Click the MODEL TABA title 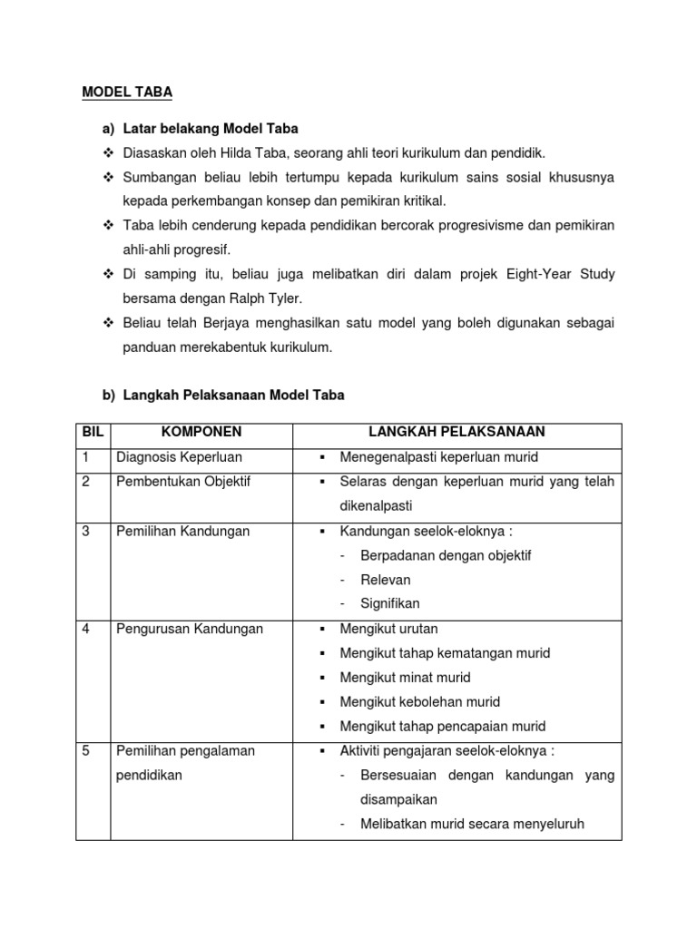tap(127, 92)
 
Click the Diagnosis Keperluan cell tap(180, 457)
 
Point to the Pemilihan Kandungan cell tap(183, 531)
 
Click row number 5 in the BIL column tap(86, 751)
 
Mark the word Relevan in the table tap(386, 580)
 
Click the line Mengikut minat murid tap(405, 678)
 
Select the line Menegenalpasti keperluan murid tap(439, 457)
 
